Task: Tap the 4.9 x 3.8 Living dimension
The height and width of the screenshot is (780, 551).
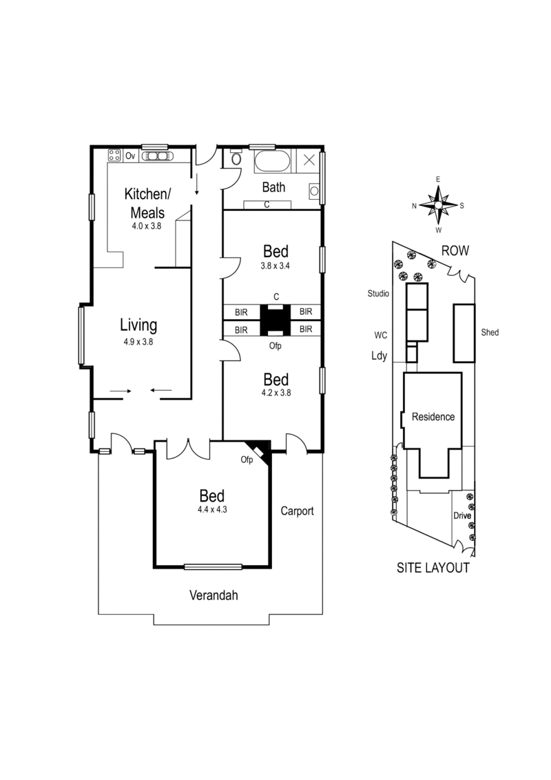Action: (x=138, y=341)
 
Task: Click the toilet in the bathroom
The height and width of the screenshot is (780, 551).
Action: (x=236, y=158)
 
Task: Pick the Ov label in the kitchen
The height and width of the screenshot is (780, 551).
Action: (x=129, y=156)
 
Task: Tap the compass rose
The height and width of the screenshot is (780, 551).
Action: (x=438, y=205)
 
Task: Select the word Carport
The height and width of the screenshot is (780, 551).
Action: (x=297, y=511)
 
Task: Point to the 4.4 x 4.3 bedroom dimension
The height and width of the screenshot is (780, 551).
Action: (x=213, y=511)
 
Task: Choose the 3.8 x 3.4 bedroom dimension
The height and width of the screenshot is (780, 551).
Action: (x=275, y=265)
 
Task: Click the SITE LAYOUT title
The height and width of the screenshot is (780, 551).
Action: (x=433, y=568)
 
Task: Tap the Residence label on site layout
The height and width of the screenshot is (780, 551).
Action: (x=433, y=417)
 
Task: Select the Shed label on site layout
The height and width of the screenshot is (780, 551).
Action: (x=490, y=333)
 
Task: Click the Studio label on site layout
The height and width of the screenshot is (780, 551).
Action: (x=379, y=294)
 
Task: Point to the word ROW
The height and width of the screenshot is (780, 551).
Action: (x=455, y=252)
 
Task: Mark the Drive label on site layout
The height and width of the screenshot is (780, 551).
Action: (x=461, y=515)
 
